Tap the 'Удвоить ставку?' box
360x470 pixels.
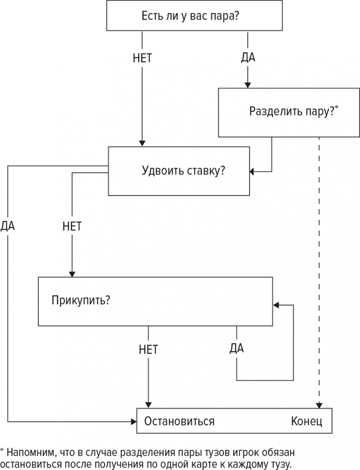pos(178,171)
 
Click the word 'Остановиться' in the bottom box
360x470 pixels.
pos(179,421)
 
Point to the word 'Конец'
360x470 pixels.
pos(306,421)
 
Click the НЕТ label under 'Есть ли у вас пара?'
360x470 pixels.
pos(142,58)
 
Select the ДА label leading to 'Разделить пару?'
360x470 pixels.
pos(248,58)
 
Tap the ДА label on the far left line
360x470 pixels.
pos(8,226)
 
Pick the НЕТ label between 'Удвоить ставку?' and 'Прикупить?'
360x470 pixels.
pos(72,226)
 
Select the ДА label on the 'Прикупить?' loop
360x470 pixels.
pos(237,348)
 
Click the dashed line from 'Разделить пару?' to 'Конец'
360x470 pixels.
pos(319,273)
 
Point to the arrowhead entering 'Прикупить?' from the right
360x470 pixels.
pos(276,305)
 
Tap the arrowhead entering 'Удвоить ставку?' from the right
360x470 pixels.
pos(252,172)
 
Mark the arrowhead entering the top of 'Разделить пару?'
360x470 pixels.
pos(247,85)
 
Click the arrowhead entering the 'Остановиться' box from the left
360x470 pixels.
pos(134,420)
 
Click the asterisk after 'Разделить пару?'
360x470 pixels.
pos(337,107)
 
